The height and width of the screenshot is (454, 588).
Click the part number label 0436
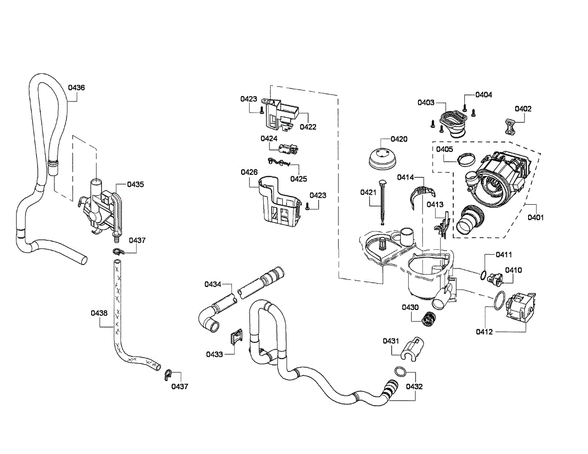(x=76, y=88)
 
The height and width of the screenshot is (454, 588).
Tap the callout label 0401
(x=536, y=217)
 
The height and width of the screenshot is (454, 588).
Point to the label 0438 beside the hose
(x=99, y=312)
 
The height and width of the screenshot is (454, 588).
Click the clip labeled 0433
(x=236, y=337)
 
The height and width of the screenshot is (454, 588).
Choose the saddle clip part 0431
(x=413, y=348)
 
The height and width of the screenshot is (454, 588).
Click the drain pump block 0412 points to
(x=520, y=308)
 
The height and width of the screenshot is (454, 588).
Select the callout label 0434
(x=213, y=284)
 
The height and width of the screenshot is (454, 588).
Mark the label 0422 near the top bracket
(x=308, y=127)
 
